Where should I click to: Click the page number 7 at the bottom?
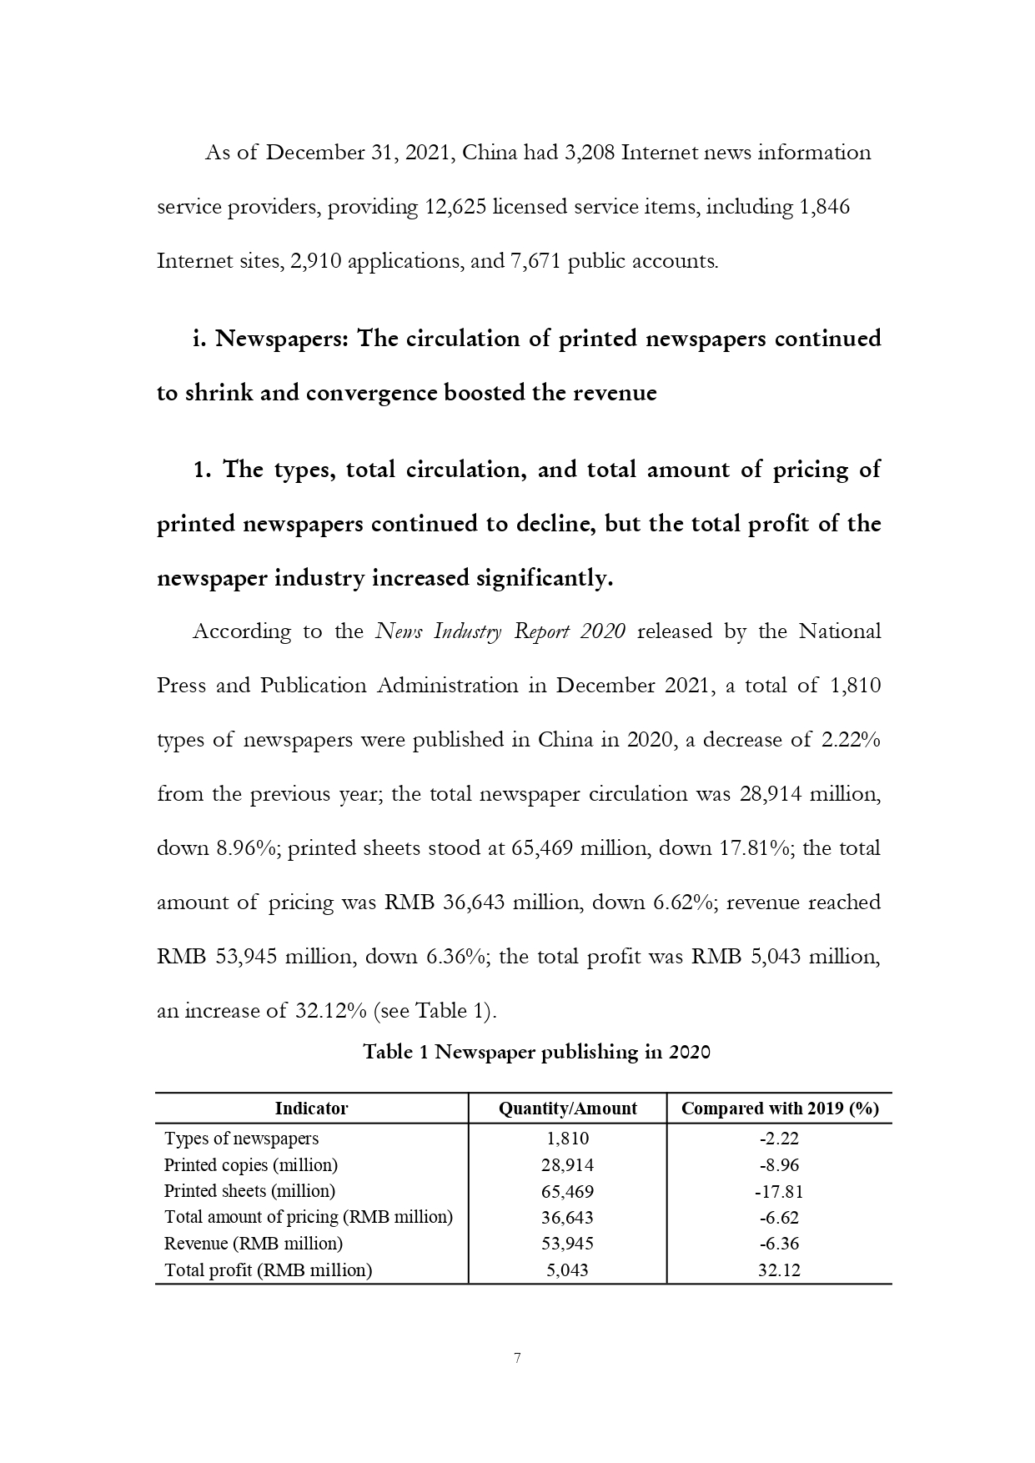tap(517, 1358)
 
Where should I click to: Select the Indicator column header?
tap(311, 1109)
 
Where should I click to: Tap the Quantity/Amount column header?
tap(567, 1109)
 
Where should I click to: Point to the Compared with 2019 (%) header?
tap(780, 1109)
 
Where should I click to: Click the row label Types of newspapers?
tap(241, 1139)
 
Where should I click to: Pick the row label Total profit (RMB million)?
tap(268, 1269)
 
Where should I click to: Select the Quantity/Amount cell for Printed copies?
tap(567, 1164)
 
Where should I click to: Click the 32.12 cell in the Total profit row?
tap(779, 1269)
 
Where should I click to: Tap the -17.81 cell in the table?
tap(779, 1191)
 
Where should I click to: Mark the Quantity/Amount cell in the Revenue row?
tap(567, 1244)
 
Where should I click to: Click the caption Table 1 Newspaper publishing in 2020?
tap(536, 1052)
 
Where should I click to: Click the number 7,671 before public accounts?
tap(534, 261)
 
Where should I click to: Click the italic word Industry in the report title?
tap(469, 631)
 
